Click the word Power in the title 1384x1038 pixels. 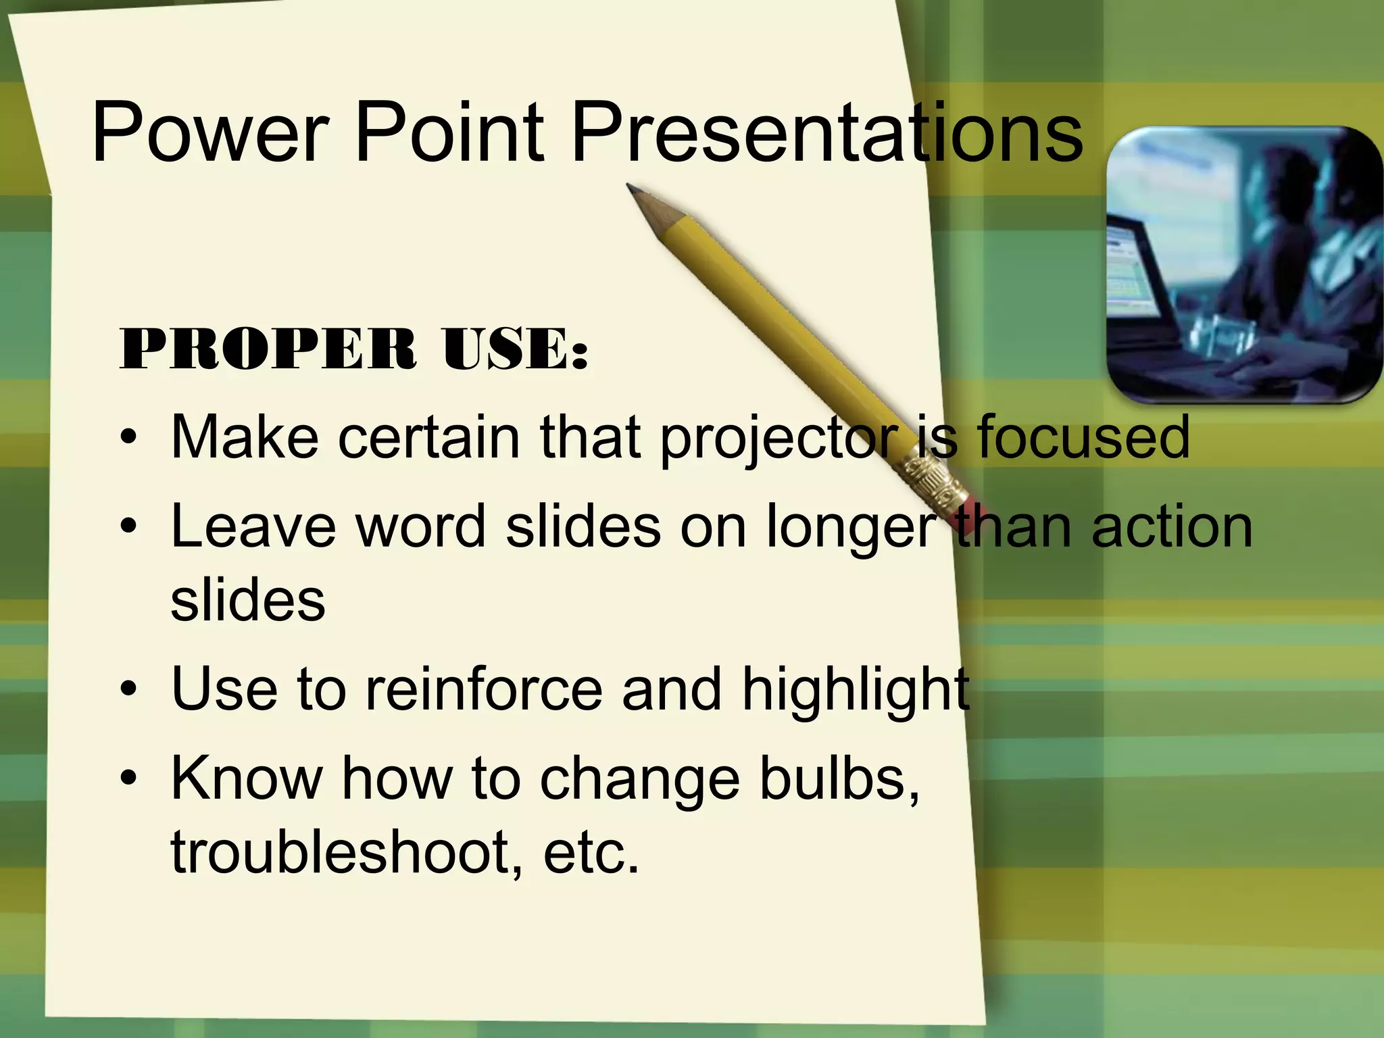pyautogui.click(x=209, y=133)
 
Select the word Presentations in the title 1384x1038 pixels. pyautogui.click(x=826, y=133)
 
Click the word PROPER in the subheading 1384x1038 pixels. pyautogui.click(x=268, y=349)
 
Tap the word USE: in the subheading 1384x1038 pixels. pyautogui.click(x=515, y=349)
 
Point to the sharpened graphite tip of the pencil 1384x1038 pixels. pyautogui.click(x=633, y=189)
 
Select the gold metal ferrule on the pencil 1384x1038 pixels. pyautogui.click(x=936, y=476)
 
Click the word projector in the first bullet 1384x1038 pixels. pyautogui.click(x=777, y=439)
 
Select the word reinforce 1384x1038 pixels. pyautogui.click(x=483, y=689)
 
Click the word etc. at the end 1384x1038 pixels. pyautogui.click(x=591, y=853)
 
